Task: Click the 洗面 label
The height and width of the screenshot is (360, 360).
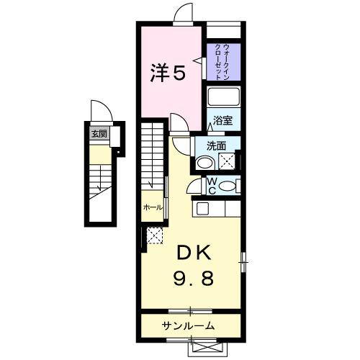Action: tap(217, 145)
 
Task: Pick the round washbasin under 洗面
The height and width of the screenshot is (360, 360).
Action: tap(210, 161)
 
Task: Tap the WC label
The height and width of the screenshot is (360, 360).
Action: tap(212, 186)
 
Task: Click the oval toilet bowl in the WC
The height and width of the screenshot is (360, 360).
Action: tap(228, 185)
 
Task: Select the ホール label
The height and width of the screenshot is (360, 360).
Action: tap(152, 207)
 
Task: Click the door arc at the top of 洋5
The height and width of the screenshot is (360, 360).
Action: tap(184, 14)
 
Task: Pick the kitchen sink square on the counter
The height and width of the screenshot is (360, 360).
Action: tap(203, 208)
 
